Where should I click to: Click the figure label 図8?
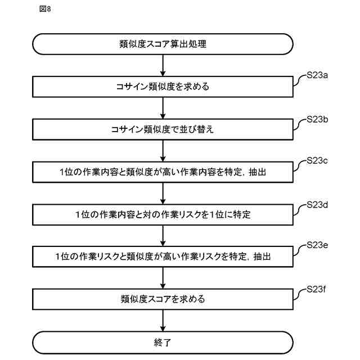pos(45,10)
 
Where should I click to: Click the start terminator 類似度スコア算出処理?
pos(163,44)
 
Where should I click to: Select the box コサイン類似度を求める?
pos(163,87)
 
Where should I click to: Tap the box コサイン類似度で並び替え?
pos(163,129)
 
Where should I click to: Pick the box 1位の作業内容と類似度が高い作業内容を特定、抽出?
pos(163,172)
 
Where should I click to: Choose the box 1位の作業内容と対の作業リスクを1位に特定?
pos(163,214)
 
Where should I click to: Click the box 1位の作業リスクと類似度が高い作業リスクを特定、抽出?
pos(163,256)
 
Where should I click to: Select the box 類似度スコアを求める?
pos(163,299)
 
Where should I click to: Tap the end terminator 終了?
pos(163,341)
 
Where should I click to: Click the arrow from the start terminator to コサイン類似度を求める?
pos(163,66)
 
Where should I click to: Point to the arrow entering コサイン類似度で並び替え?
pos(163,108)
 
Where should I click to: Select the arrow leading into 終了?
pos(163,320)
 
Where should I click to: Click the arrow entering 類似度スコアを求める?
pos(163,278)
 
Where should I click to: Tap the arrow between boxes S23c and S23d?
pos(163,193)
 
